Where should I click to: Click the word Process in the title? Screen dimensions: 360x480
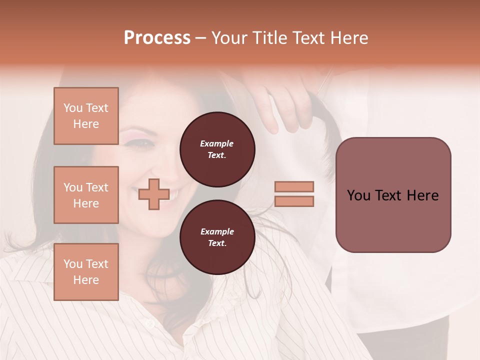(157, 38)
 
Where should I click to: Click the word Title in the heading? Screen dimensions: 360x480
(269, 38)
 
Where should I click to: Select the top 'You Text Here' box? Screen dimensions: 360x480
(86, 116)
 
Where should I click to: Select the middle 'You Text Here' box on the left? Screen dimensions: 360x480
(86, 195)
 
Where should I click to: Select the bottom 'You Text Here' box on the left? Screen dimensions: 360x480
(86, 271)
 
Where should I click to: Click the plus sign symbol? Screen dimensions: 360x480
(153, 194)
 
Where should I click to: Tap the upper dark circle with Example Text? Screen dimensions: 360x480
(217, 149)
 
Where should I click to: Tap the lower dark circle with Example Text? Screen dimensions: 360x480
(217, 237)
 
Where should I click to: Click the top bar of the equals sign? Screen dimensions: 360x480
(294, 186)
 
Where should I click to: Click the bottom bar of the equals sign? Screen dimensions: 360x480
(294, 201)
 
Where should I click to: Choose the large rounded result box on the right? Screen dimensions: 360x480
(393, 194)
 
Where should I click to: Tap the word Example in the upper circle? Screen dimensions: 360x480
(217, 144)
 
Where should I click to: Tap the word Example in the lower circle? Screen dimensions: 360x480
(217, 232)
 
